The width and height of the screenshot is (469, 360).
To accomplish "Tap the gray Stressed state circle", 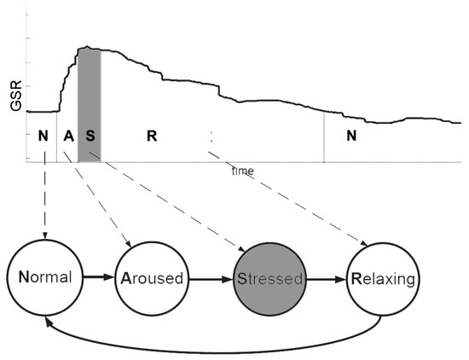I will (x=269, y=278).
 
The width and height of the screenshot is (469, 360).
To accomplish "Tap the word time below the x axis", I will (x=242, y=171).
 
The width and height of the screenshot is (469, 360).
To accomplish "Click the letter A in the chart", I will (x=68, y=136).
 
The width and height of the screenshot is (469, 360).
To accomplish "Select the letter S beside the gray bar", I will (x=90, y=136).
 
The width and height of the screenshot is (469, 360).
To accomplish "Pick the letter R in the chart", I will (x=151, y=136).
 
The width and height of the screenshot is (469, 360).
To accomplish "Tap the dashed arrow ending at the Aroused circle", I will (x=101, y=205).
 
